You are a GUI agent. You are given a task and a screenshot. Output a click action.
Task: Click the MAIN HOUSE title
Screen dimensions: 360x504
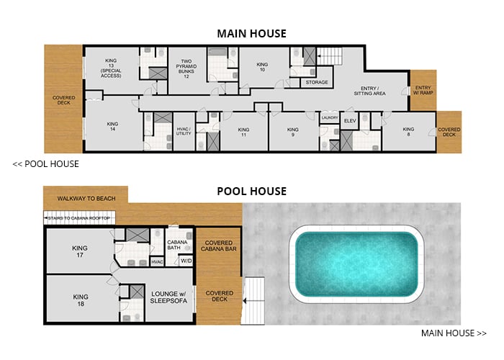click(x=252, y=33)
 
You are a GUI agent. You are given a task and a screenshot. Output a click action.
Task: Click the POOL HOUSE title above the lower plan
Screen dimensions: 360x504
click(x=252, y=192)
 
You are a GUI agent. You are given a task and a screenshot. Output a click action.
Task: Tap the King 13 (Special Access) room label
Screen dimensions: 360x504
click(x=112, y=67)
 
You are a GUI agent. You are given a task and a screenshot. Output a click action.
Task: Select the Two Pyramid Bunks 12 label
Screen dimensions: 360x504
click(x=186, y=68)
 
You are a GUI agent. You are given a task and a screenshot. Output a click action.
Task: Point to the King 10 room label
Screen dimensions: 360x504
click(x=262, y=67)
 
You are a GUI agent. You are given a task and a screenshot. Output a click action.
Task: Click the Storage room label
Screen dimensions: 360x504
click(x=316, y=82)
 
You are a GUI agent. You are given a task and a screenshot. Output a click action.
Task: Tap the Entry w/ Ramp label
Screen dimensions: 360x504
click(x=422, y=91)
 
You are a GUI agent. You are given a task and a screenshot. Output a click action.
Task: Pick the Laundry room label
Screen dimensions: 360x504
click(x=330, y=118)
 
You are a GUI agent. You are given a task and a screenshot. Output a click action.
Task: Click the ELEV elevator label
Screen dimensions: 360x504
click(x=351, y=120)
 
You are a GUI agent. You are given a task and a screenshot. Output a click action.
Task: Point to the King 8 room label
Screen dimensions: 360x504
click(x=408, y=132)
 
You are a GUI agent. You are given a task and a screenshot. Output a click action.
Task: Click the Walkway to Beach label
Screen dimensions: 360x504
click(x=85, y=197)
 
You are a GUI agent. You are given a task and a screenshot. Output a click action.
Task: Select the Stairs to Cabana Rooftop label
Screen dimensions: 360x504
click(x=79, y=216)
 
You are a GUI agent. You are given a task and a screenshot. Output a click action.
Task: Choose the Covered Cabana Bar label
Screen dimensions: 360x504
click(x=221, y=249)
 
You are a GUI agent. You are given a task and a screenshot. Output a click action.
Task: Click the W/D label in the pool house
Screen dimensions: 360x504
click(x=186, y=261)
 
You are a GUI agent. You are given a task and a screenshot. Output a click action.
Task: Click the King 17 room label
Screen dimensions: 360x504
click(x=79, y=252)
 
